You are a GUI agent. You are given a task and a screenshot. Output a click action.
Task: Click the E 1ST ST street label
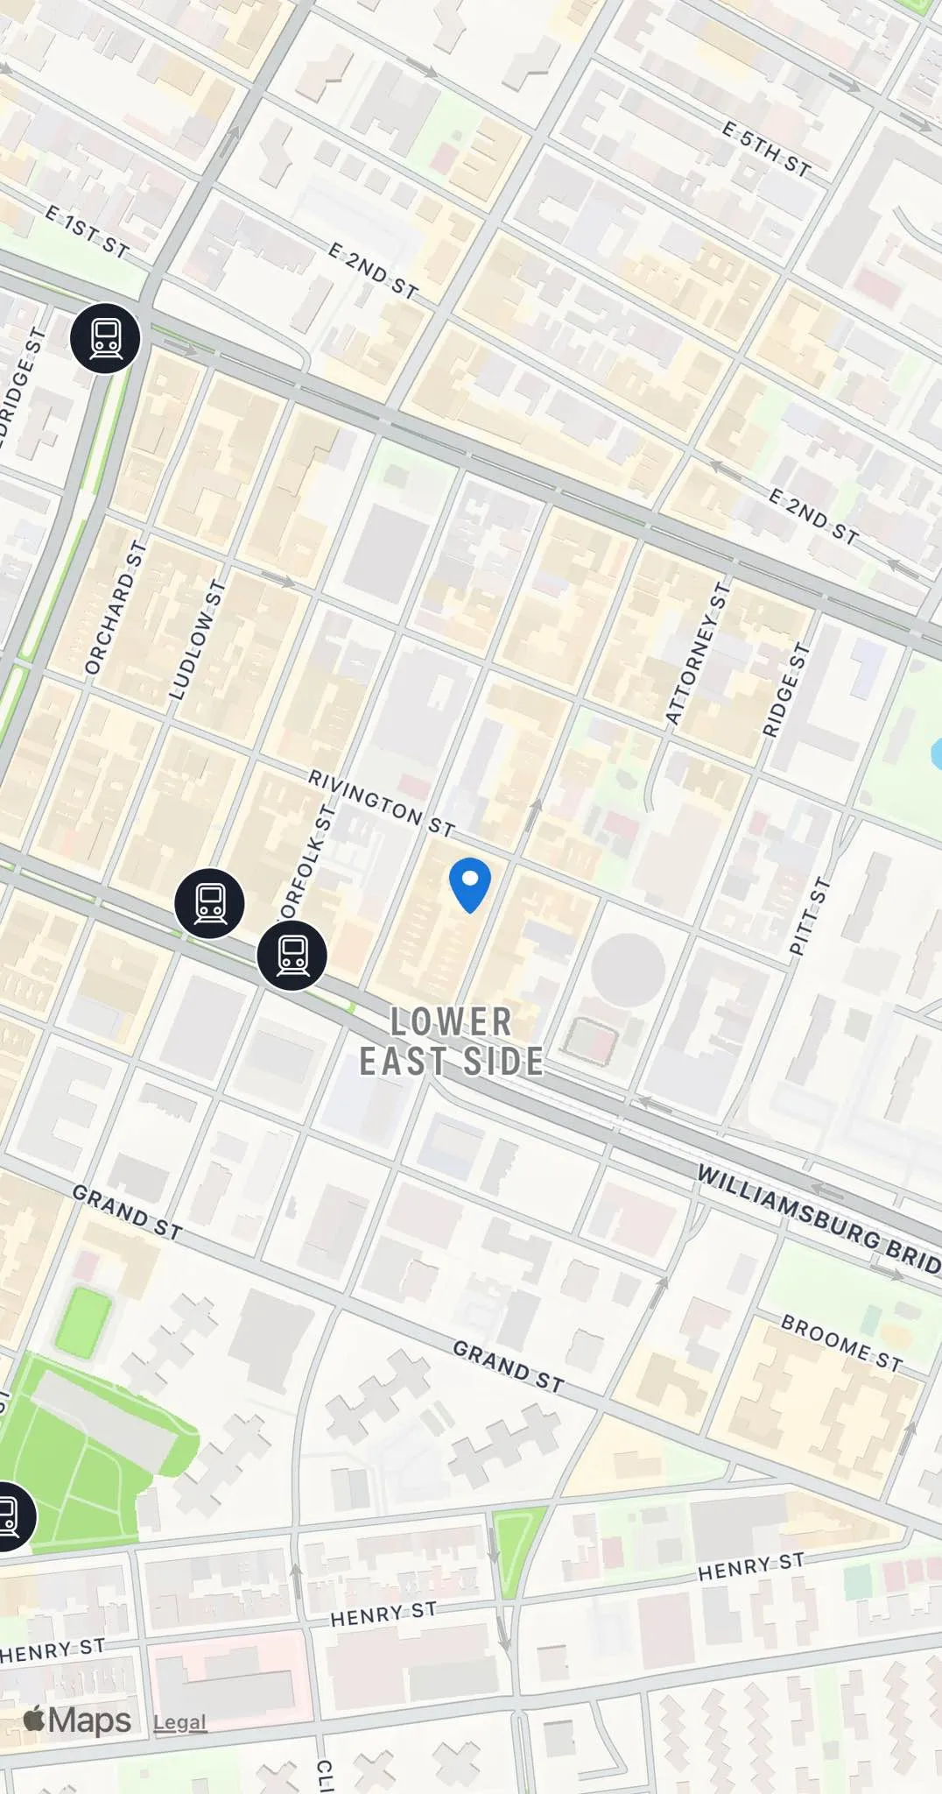pyautogui.click(x=87, y=231)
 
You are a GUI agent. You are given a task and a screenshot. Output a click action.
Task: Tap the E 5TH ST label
pyautogui.click(x=766, y=149)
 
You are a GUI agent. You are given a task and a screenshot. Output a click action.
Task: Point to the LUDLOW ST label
pyautogui.click(x=197, y=639)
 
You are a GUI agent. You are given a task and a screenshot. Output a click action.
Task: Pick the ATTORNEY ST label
pyautogui.click(x=697, y=653)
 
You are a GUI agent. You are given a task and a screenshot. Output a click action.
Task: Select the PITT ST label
pyautogui.click(x=808, y=915)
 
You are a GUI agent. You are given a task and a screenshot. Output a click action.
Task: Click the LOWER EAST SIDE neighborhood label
pyautogui.click(x=452, y=1041)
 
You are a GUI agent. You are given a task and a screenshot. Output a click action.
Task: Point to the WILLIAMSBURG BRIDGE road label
pyautogui.click(x=819, y=1218)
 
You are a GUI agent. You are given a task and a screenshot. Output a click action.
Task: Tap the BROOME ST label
pyautogui.click(x=840, y=1342)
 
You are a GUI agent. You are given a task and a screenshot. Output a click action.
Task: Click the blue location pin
pyautogui.click(x=469, y=883)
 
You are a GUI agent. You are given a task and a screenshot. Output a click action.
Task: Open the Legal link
pyautogui.click(x=179, y=1722)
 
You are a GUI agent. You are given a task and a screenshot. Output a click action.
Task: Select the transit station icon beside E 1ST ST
pyautogui.click(x=105, y=338)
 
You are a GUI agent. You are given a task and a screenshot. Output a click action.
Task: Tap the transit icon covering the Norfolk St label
pyautogui.click(x=292, y=956)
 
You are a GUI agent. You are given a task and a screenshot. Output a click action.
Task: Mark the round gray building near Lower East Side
pyautogui.click(x=628, y=971)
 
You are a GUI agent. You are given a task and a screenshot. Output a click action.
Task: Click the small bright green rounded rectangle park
pyautogui.click(x=83, y=1323)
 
